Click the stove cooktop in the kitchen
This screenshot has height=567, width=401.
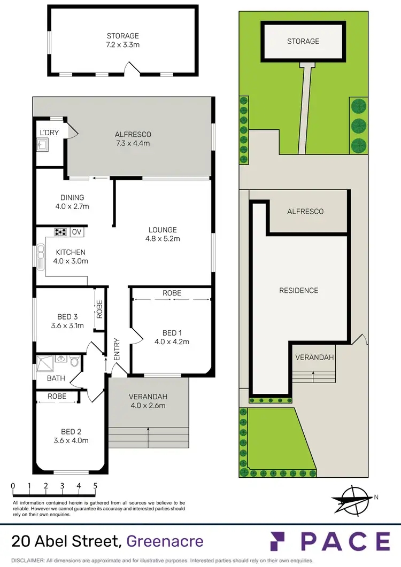click(61, 232)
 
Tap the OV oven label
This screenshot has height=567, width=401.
click(77, 232)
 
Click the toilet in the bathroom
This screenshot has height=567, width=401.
click(74, 362)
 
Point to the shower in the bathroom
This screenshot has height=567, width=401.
click(44, 361)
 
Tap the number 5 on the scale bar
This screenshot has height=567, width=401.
click(95, 486)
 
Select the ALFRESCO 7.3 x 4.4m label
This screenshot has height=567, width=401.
click(133, 139)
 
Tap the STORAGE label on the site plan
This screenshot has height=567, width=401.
click(303, 41)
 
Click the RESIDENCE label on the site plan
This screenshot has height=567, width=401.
click(298, 290)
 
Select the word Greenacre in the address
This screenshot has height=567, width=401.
click(165, 541)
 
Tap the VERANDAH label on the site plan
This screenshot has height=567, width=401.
click(315, 357)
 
